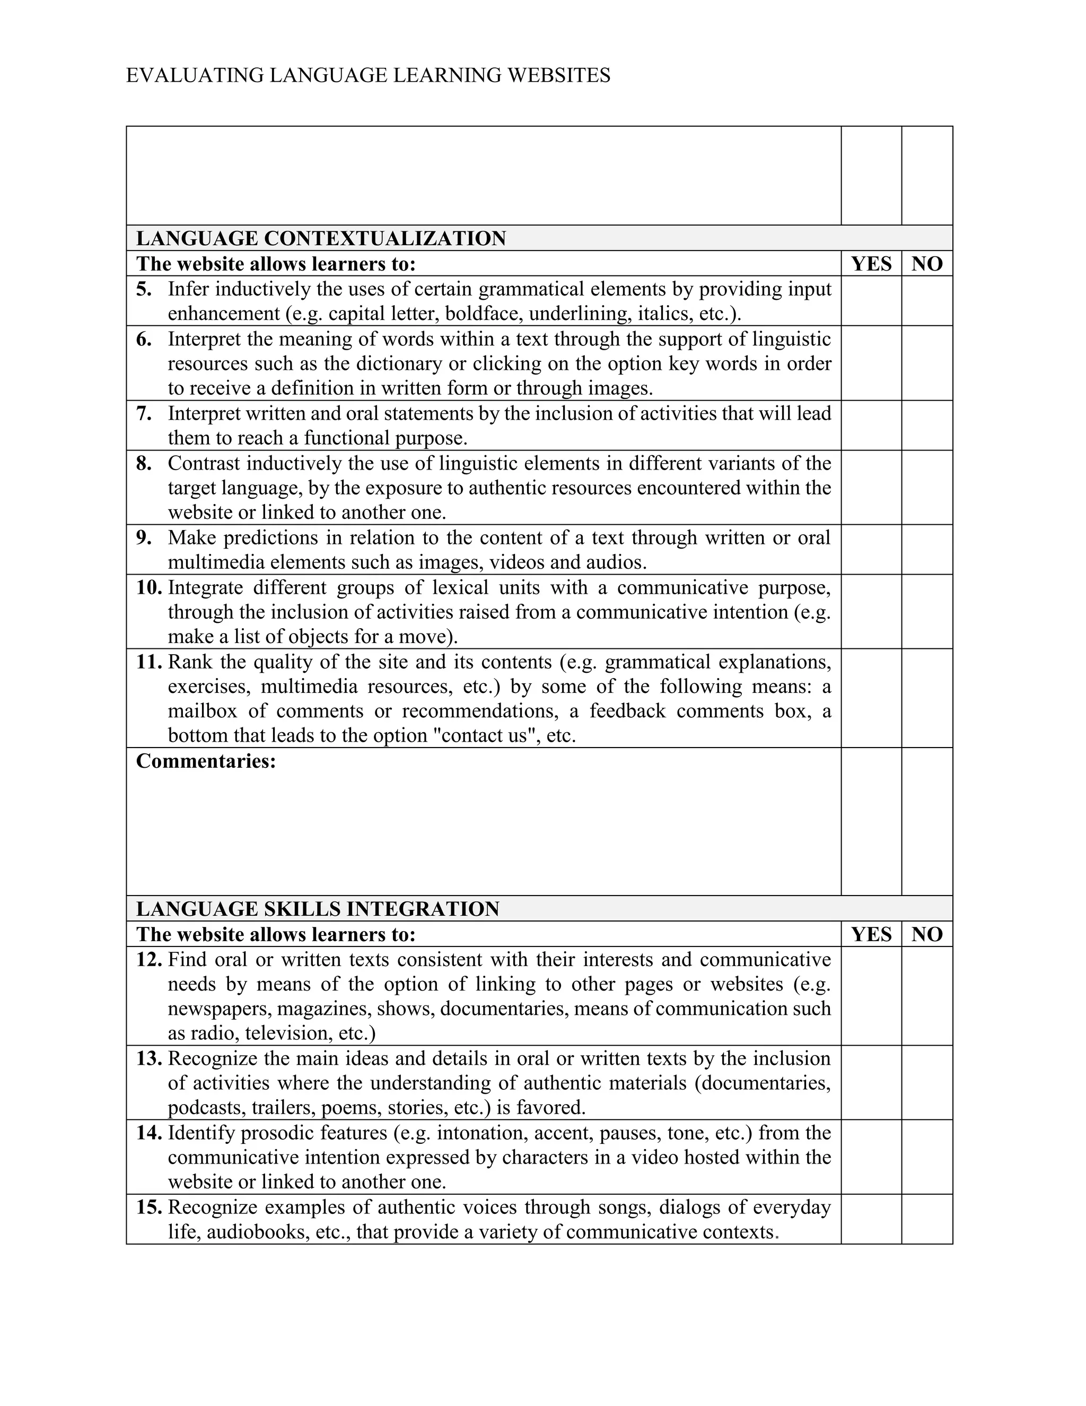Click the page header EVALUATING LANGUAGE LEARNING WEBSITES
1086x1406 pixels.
pyautogui.click(x=368, y=76)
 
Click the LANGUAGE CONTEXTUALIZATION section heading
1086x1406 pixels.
pyautogui.click(x=321, y=239)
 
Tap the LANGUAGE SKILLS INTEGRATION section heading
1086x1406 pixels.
pyautogui.click(x=318, y=909)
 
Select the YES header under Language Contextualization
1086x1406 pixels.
pyautogui.click(x=871, y=264)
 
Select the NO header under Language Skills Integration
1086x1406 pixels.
pyautogui.click(x=926, y=934)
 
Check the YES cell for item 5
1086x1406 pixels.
pyautogui.click(x=871, y=301)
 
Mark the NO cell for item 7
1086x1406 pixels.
pyautogui.click(x=926, y=426)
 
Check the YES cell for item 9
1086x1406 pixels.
pyautogui.click(x=871, y=550)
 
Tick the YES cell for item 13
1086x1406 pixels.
pyautogui.click(x=871, y=1083)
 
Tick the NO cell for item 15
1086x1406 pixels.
pyautogui.click(x=926, y=1219)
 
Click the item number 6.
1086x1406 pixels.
pyautogui.click(x=144, y=339)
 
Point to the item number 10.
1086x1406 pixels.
pyautogui.click(x=148, y=588)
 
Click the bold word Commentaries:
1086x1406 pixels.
pyautogui.click(x=206, y=761)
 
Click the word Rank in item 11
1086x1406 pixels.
pyautogui.click(x=190, y=662)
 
